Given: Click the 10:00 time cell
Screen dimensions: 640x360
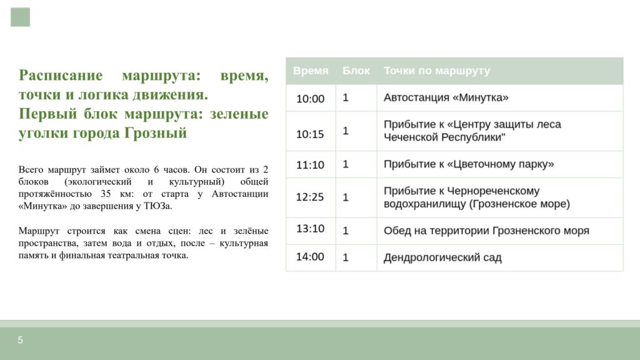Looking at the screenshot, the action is (x=310, y=99).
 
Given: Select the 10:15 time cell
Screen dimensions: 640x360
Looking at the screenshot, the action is (x=310, y=134).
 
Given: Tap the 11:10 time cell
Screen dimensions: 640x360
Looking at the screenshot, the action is (x=310, y=165).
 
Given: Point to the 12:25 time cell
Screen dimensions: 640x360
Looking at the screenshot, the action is (x=310, y=197).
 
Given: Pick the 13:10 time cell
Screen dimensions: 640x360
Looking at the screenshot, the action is (x=310, y=229).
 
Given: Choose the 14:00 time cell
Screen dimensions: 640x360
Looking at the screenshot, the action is (x=310, y=257).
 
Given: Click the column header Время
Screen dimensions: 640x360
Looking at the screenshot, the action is (x=311, y=71).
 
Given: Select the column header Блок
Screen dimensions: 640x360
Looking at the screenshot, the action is (x=356, y=71).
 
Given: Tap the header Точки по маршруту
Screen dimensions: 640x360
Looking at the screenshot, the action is (x=437, y=71).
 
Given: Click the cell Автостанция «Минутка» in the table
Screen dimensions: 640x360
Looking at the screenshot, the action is (x=446, y=97).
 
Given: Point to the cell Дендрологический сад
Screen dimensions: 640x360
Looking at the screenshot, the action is (x=442, y=257).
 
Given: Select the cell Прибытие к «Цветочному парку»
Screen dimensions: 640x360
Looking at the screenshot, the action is (x=469, y=164).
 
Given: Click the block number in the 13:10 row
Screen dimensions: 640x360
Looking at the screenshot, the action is (x=346, y=231).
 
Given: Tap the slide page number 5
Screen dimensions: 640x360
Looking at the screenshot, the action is (x=20, y=340).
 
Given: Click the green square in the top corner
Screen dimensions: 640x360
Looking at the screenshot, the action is (x=21, y=17).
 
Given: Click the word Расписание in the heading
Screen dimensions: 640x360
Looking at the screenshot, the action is (x=61, y=76).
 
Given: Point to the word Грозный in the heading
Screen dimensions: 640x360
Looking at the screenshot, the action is (x=156, y=133).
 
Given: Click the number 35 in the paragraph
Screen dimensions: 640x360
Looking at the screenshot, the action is (x=106, y=194).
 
